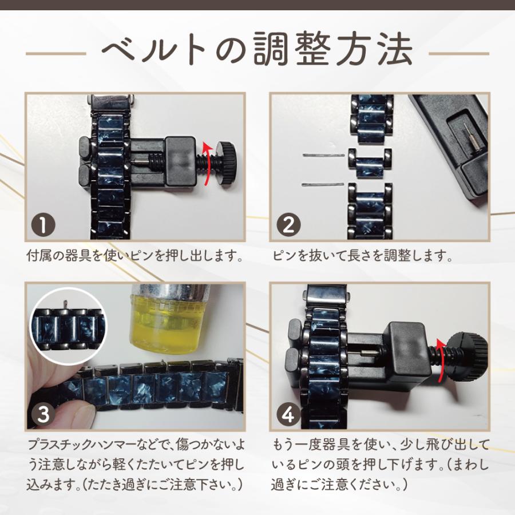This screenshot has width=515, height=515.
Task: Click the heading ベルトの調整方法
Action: tap(257, 49)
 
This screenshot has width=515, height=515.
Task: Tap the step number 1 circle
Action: tap(43, 225)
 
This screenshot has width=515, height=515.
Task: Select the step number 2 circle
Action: tap(288, 225)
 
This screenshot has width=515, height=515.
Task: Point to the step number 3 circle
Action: tap(43, 414)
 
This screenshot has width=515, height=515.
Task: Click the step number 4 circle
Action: tap(288, 414)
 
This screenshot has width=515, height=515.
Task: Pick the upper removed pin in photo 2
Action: tap(323, 154)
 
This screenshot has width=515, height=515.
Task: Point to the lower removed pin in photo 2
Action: tap(323, 185)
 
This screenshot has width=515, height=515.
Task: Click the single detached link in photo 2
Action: tap(370, 163)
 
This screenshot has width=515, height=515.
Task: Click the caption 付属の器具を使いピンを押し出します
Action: tap(135, 256)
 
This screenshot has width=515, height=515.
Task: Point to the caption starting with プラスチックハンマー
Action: tap(135, 465)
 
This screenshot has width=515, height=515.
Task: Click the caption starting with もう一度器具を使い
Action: tap(381, 465)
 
